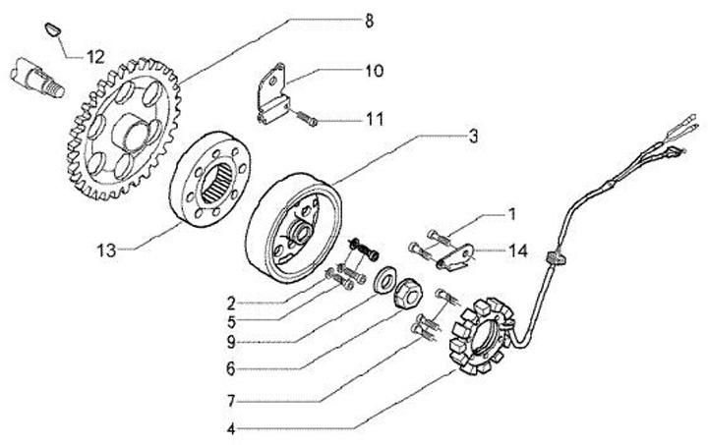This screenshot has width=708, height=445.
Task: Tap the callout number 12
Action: (94, 56)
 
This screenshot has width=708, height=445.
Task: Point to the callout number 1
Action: (511, 212)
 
